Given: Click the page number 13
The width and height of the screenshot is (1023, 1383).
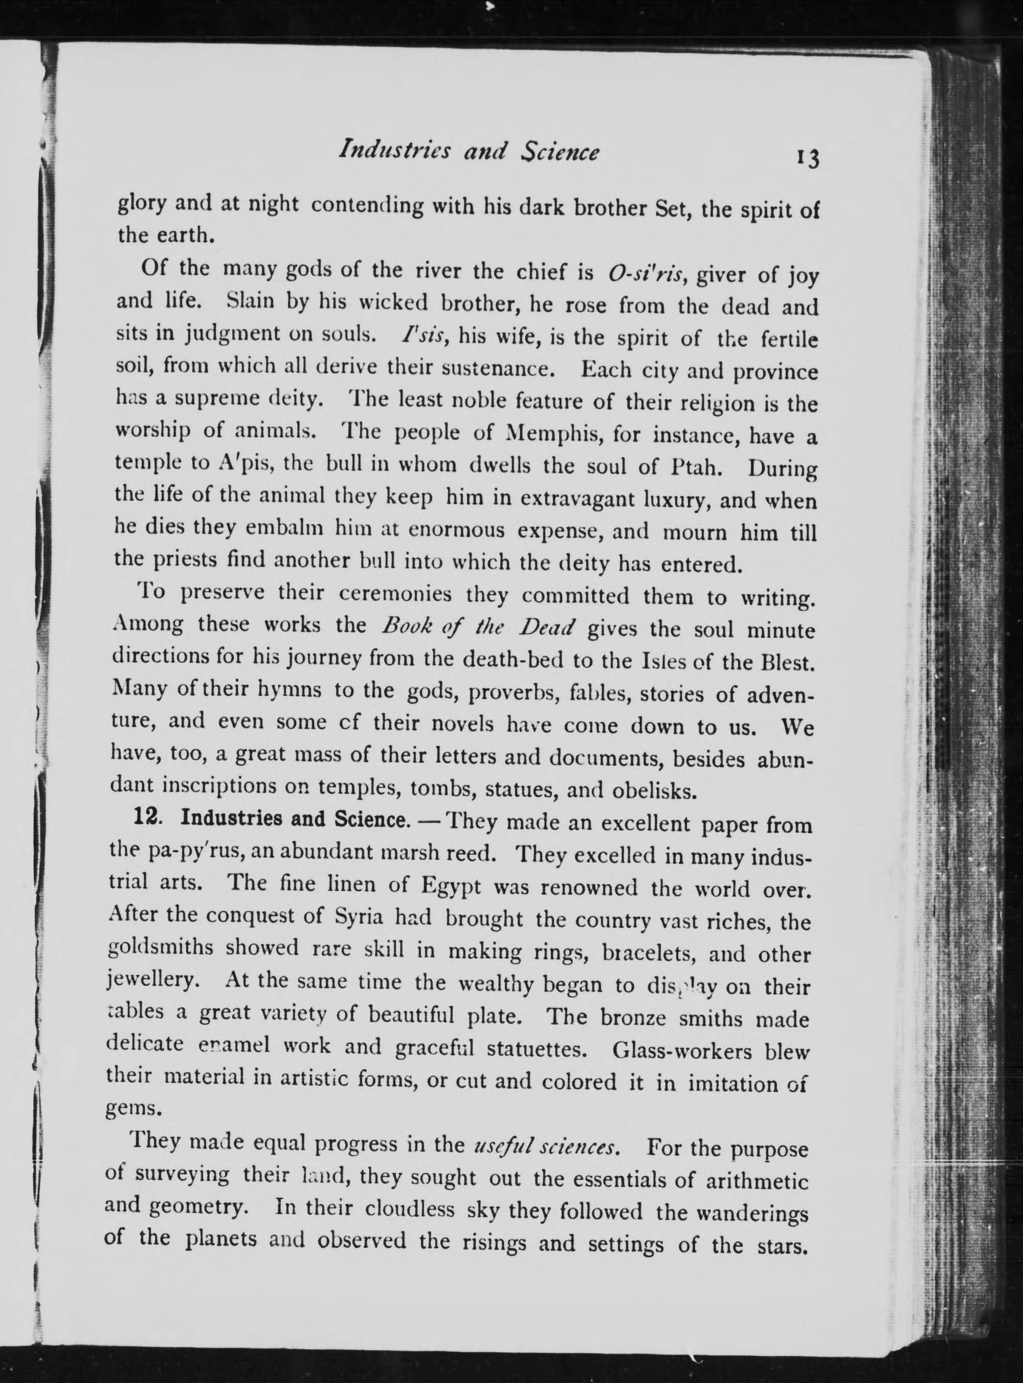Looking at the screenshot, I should [809, 159].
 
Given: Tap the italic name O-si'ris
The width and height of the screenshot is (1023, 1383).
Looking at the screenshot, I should [646, 273].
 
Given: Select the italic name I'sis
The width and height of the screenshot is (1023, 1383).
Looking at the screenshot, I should [420, 336].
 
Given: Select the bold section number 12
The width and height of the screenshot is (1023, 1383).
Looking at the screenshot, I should [148, 818].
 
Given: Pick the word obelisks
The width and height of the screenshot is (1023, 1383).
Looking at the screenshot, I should [653, 791].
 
